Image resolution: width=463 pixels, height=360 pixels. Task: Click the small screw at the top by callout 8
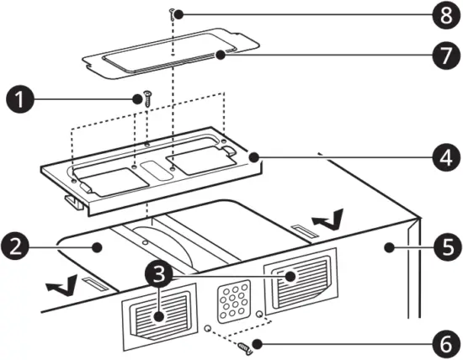173,13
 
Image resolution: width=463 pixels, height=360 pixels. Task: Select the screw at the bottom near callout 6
246,345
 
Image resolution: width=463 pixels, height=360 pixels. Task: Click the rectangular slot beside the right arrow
301,230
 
